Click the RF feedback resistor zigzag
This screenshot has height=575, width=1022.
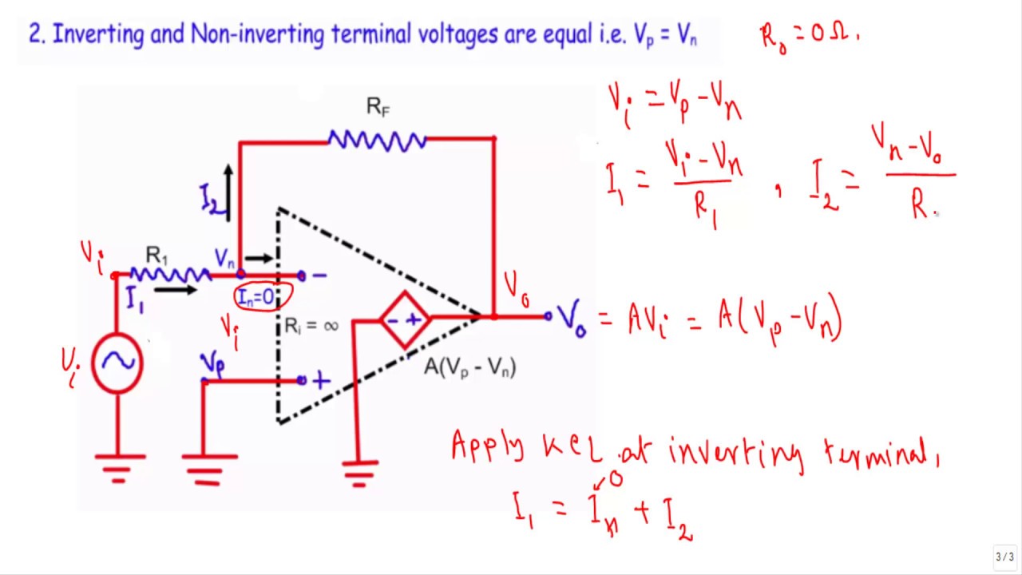[x=377, y=141]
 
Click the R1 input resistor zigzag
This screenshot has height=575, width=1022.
[x=170, y=275]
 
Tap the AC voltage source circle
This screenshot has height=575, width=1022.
[x=117, y=363]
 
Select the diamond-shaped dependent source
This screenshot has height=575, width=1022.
[x=405, y=319]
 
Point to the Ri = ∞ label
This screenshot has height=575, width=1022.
[x=311, y=326]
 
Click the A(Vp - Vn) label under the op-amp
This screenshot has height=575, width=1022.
[x=470, y=367]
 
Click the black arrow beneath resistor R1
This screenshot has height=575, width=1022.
[x=175, y=289]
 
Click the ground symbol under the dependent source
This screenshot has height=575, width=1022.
[x=359, y=471]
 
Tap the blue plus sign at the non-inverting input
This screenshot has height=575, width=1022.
[x=321, y=382]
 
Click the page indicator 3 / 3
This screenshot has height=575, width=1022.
[x=1003, y=557]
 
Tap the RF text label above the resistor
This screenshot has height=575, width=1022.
[x=378, y=107]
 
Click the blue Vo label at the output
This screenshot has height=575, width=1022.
[x=572, y=319]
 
